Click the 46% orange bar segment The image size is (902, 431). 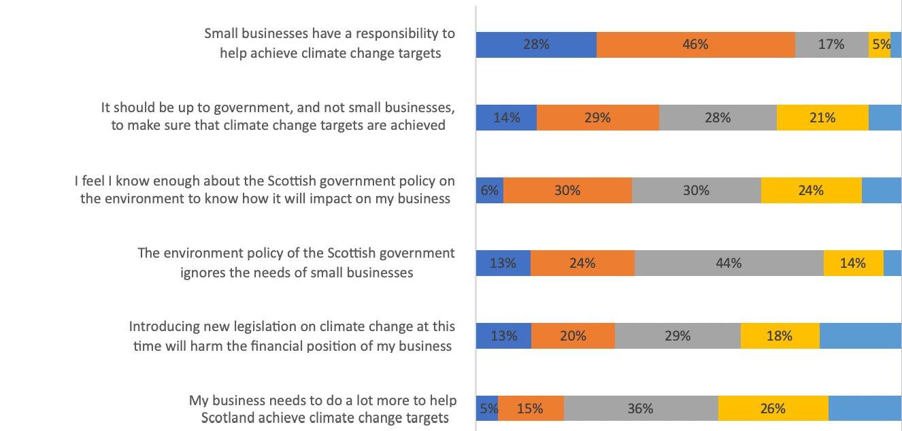point(696,45)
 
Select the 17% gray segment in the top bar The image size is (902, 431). point(832,45)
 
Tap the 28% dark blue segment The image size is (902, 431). point(536,45)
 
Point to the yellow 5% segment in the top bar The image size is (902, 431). point(880,45)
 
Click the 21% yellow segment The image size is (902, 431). point(822,118)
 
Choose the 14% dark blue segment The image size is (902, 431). point(507,118)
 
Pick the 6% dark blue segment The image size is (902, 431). point(490,190)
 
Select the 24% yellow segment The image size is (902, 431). point(812,190)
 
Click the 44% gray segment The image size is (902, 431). point(729,263)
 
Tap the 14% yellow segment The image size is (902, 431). point(854,263)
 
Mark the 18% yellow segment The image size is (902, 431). point(780,336)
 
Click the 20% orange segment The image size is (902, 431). point(573,336)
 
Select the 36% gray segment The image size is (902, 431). point(641,409)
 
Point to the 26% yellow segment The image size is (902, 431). point(773,409)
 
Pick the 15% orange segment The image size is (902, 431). point(531,409)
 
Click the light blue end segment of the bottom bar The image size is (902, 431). point(865,409)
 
